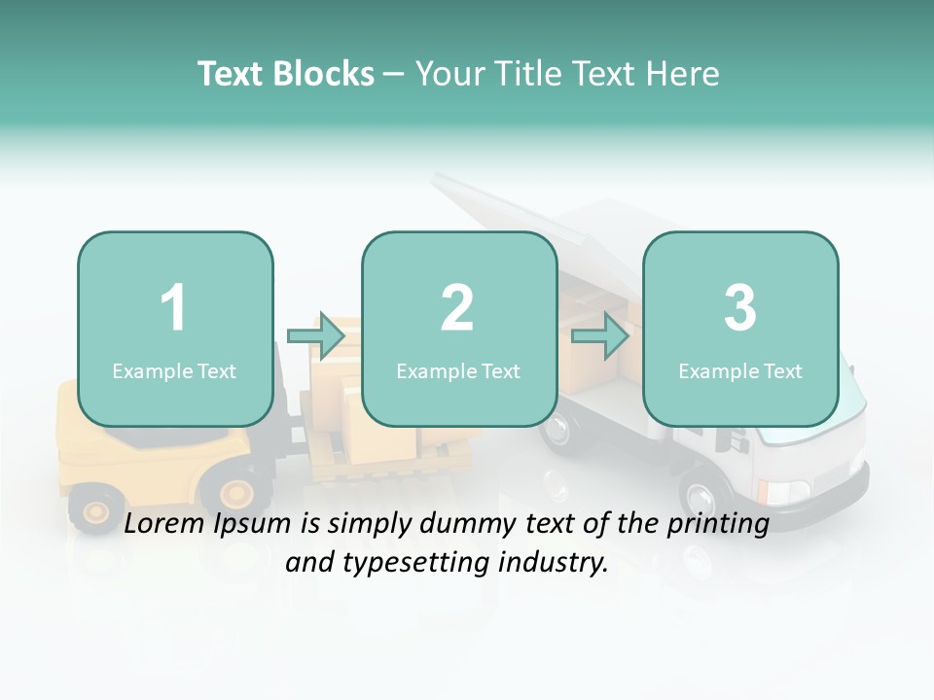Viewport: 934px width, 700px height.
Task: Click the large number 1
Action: [174, 308]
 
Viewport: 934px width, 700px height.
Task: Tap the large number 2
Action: [457, 308]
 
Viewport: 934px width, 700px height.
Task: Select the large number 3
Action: [740, 308]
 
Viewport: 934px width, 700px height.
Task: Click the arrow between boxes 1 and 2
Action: [316, 336]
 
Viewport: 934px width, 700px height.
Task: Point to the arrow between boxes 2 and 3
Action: [600, 336]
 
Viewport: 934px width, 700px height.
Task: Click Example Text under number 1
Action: [174, 370]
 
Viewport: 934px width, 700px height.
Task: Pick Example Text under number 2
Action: [458, 370]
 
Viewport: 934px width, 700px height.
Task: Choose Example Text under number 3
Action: [740, 370]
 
